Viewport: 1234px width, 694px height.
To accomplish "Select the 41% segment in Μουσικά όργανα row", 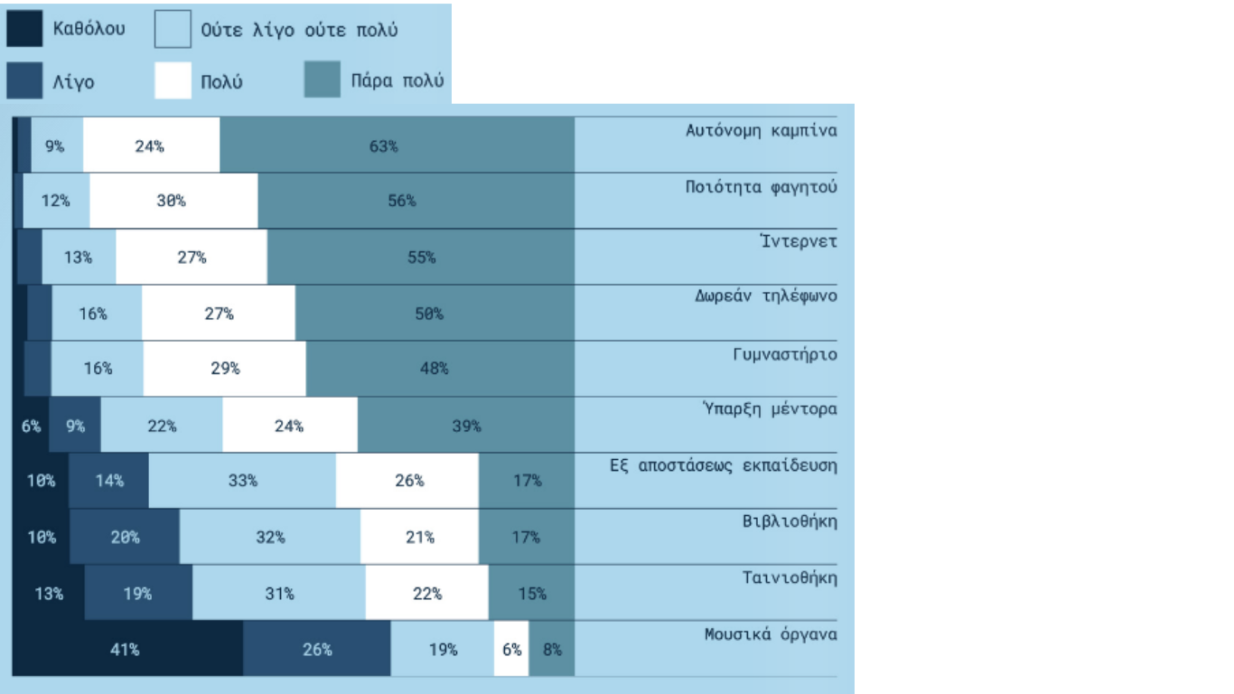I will pos(126,649).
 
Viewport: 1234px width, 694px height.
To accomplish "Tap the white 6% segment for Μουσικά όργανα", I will pos(511,649).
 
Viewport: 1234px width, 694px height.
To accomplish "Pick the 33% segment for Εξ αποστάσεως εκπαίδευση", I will pos(242,481).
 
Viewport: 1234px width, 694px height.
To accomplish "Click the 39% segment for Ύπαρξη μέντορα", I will pos(465,425).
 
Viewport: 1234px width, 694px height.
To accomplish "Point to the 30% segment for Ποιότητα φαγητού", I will pos(173,201).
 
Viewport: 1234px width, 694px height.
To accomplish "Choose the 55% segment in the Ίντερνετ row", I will pos(420,257).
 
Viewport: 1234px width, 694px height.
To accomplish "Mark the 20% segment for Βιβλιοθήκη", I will pos(125,537).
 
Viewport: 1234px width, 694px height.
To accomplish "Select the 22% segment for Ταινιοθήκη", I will pos(426,593).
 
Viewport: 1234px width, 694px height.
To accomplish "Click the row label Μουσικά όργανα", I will pos(771,634).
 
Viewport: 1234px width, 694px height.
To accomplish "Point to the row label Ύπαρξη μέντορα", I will pos(770,409).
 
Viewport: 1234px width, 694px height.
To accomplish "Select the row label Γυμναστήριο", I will pos(784,354).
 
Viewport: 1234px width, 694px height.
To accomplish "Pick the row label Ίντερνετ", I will pos(799,241).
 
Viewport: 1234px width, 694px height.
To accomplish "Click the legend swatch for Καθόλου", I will pos(24,29).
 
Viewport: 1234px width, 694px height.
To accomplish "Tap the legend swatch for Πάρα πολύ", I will pos(323,80).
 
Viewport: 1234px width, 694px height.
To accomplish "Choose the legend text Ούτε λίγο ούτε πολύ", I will pos(299,30).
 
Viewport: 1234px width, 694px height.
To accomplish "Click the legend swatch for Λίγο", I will pos(24,80).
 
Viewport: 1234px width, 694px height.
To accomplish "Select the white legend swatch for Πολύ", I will pos(173,80).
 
